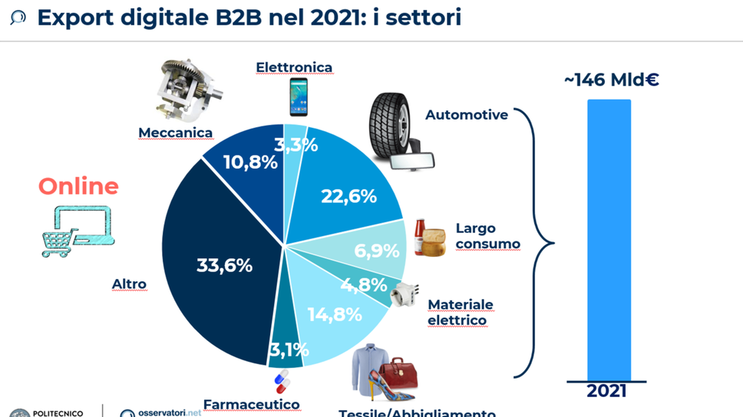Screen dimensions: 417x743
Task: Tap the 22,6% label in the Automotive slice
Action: click(x=348, y=196)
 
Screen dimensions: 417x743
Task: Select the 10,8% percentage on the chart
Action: click(x=249, y=162)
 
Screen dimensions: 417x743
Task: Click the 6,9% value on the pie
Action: click(x=376, y=251)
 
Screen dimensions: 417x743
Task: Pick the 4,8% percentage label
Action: click(x=365, y=284)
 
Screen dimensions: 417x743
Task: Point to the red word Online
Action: click(x=78, y=186)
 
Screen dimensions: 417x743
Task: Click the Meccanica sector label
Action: click(x=175, y=133)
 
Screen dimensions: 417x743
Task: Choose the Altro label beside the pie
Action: click(x=129, y=284)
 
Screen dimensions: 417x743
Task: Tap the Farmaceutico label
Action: click(x=251, y=404)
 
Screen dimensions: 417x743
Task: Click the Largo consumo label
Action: click(x=487, y=236)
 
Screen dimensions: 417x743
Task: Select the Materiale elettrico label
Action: click(x=460, y=312)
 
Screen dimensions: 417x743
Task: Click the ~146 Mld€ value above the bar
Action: click(x=611, y=80)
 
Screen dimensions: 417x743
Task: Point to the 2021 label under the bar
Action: click(x=606, y=391)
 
